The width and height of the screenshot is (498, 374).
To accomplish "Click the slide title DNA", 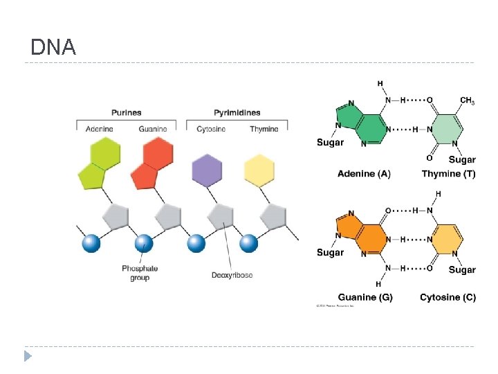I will (x=53, y=47).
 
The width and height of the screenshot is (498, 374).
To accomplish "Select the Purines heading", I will (x=126, y=112).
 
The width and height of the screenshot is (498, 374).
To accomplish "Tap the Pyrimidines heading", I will (x=237, y=112).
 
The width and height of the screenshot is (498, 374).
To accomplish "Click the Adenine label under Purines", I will (x=100, y=129).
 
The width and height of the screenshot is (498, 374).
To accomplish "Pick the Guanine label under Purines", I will (x=152, y=129).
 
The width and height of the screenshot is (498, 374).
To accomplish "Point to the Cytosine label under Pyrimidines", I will (x=210, y=129).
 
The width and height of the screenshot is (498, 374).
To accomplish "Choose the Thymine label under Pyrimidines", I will (x=264, y=129).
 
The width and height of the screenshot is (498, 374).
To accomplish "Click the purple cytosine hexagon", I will (x=207, y=170).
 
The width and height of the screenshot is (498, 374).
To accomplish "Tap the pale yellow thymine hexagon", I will (x=259, y=170).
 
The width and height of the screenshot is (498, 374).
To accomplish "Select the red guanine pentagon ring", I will (x=143, y=176).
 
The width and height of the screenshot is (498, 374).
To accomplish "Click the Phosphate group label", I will (x=140, y=273).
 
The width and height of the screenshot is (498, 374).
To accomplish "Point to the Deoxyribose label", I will (x=232, y=275).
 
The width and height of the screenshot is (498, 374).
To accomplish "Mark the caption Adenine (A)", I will (x=364, y=174).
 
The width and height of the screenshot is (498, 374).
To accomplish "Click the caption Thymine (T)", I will (x=448, y=174).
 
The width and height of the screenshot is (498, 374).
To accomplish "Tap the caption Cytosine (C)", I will (x=448, y=297).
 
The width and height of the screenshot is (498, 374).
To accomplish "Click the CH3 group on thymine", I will (x=467, y=101).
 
